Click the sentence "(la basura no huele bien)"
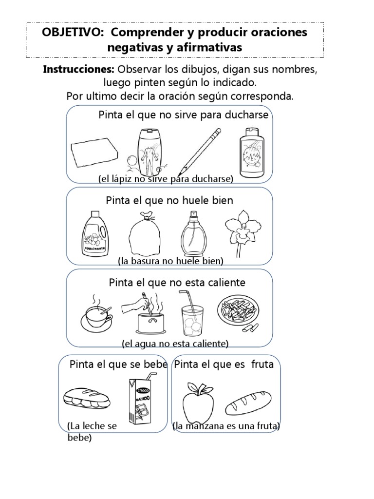click(x=170, y=261)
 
